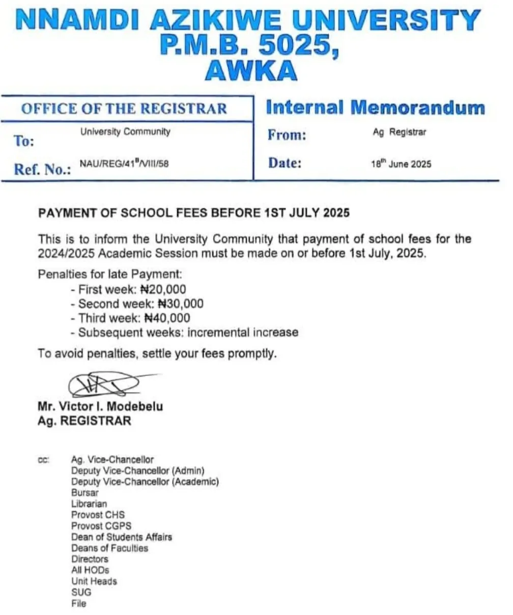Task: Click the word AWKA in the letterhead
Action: click(x=251, y=71)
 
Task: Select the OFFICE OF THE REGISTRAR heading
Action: click(x=124, y=108)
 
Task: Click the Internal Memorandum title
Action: click(x=376, y=107)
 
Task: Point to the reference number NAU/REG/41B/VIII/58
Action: click(x=124, y=163)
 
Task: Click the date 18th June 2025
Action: click(x=401, y=164)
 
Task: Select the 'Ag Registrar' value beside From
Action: click(x=400, y=132)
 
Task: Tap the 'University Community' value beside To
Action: click(x=125, y=132)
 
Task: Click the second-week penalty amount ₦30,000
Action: click(x=180, y=304)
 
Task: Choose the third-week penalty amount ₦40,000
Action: click(x=167, y=318)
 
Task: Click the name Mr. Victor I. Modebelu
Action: click(x=100, y=407)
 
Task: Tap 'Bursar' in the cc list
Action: click(x=85, y=493)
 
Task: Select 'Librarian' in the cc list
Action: click(x=89, y=504)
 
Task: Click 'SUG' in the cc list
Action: click(x=81, y=593)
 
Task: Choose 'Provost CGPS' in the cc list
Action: click(x=101, y=526)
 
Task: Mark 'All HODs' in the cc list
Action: click(x=90, y=570)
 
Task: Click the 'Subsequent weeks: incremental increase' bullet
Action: click(x=187, y=332)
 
